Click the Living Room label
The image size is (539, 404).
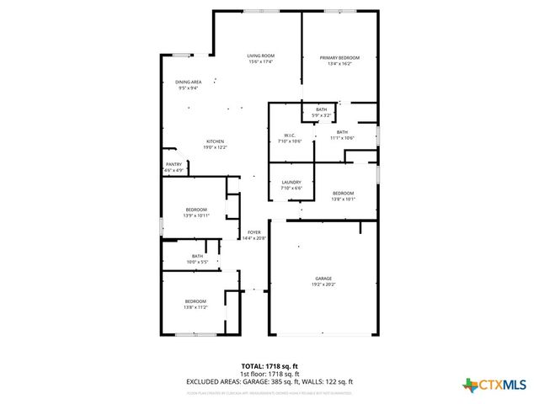point(261,56)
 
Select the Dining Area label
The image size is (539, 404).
point(189,82)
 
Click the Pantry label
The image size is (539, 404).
point(174,164)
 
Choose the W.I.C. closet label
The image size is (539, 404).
point(289,135)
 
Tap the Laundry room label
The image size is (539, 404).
point(291,183)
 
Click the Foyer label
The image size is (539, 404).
point(253,231)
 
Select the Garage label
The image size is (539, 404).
point(323,279)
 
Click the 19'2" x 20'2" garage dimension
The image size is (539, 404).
point(323,284)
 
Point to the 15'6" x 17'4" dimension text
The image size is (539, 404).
point(261,61)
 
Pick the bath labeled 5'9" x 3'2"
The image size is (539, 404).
point(322,112)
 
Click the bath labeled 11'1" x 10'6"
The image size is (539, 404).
point(342,134)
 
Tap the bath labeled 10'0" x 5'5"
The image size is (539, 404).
point(197,258)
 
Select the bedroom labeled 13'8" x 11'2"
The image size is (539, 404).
point(195,304)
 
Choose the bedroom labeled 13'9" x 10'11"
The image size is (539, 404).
point(195,212)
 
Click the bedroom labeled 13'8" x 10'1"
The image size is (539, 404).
point(344,196)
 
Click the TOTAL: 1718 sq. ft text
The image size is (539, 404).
point(269,366)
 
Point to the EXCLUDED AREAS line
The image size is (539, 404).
point(269,382)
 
